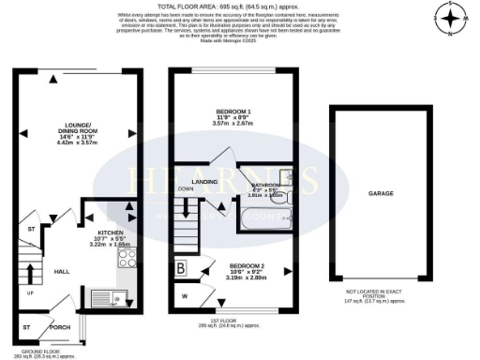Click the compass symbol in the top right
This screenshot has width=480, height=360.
click(450, 18)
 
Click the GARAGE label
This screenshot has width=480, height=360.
click(380, 193)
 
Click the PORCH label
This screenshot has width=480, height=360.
click(59, 327)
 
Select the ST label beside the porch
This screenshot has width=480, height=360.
click(26, 327)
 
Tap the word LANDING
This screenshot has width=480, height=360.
click(204, 183)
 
